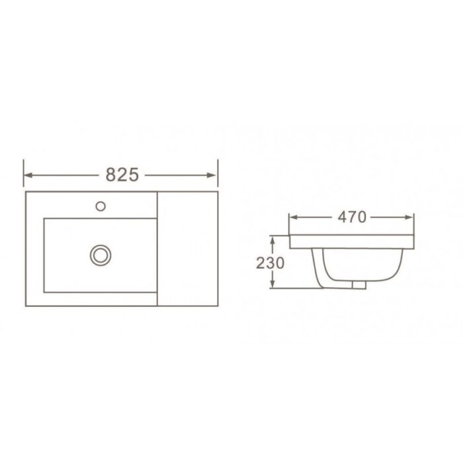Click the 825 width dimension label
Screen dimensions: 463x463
pos(122,175)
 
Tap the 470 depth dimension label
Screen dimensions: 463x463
pos(352,217)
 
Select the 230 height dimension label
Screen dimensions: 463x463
pos(270,263)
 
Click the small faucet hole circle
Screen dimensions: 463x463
pos(101,206)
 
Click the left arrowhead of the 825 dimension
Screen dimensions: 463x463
pos(28,175)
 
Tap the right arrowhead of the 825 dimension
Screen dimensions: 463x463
pos(212,175)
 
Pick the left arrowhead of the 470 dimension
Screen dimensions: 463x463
pos(293,218)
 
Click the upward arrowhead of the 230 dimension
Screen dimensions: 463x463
pos(273,239)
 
